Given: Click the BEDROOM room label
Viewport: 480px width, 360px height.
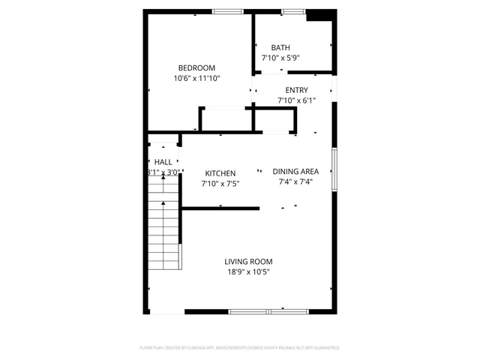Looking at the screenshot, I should coord(196,67).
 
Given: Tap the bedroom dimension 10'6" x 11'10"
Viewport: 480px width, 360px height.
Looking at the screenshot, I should coord(196,78).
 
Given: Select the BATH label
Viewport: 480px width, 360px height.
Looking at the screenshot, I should coord(280,47).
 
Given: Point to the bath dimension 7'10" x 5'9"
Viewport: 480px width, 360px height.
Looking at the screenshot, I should coord(280,58).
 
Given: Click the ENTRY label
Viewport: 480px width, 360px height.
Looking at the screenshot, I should coord(296,90).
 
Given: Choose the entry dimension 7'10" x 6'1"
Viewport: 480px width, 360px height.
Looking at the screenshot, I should coord(296,100).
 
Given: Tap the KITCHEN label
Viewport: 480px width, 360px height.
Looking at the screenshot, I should coord(220,172).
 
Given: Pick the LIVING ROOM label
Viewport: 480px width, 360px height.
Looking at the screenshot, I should coord(248,262).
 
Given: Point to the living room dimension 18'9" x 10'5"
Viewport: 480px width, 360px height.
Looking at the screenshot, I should coord(248,272).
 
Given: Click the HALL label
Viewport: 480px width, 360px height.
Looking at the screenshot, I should coord(163,162).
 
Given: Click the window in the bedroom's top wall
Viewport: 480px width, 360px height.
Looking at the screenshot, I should coord(227,11).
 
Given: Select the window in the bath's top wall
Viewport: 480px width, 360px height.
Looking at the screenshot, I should coord(293,11).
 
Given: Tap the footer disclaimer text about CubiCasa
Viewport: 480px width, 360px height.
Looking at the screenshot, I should coord(240,348).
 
